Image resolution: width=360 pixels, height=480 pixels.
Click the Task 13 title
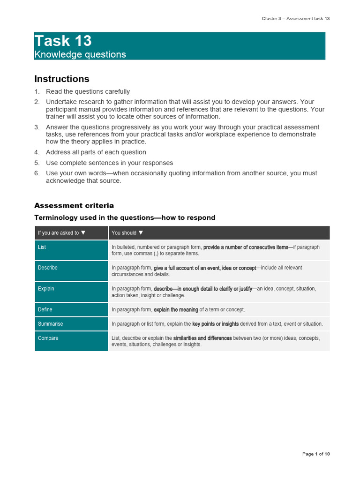[x=63, y=41]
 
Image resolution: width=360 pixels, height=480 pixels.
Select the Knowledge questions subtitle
[x=80, y=54]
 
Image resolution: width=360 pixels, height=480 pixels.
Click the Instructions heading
[x=62, y=79]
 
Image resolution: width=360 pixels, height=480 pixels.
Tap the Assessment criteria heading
[x=74, y=205]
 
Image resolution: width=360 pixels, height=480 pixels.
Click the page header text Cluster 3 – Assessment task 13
[x=295, y=18]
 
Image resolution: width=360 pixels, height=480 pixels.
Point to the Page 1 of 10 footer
[x=316, y=454]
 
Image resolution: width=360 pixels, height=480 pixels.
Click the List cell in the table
[x=42, y=247]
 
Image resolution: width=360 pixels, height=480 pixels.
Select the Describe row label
[x=48, y=268]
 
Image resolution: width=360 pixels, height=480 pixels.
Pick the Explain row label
[x=46, y=289]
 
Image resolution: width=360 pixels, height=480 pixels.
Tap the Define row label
[x=45, y=309]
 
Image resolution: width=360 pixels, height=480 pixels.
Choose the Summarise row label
[x=50, y=324]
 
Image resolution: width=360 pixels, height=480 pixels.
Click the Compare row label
[x=48, y=338]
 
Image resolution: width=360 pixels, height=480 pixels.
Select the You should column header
[x=127, y=233]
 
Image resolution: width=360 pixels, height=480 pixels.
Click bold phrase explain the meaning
[x=176, y=309]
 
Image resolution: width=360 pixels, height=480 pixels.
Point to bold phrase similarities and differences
[x=202, y=338]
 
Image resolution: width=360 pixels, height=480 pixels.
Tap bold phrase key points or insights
[x=215, y=324]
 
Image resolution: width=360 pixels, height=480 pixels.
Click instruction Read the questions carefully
[x=88, y=91]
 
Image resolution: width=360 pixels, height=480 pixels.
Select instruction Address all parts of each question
[x=96, y=152]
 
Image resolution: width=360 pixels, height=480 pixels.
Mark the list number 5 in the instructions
[x=37, y=163]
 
